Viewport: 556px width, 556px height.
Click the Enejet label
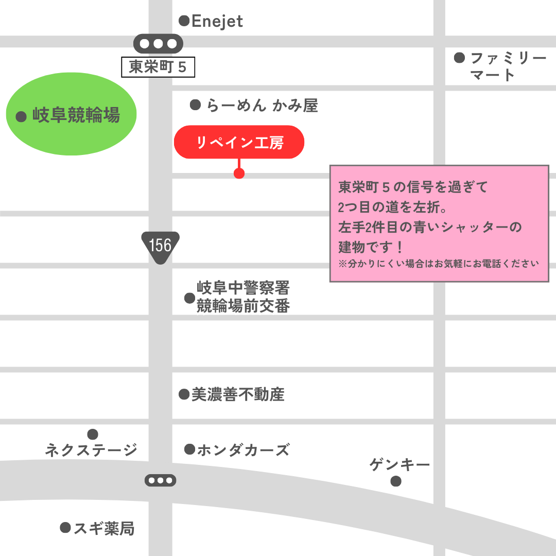(x=217, y=22)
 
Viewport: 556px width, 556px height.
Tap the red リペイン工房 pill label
(x=239, y=142)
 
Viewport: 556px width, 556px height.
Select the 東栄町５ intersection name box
(x=158, y=67)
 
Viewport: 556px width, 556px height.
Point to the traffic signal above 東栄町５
(x=158, y=44)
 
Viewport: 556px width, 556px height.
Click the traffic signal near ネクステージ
(x=160, y=481)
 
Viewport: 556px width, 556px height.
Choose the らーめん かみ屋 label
(x=262, y=106)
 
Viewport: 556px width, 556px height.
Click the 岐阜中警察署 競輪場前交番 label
(x=244, y=297)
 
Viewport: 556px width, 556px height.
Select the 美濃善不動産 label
(x=238, y=395)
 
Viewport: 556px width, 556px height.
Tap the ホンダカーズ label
(x=243, y=450)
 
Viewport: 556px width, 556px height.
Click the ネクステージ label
(x=91, y=450)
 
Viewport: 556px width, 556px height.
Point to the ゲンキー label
(x=399, y=465)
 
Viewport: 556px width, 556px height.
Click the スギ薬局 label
(x=104, y=528)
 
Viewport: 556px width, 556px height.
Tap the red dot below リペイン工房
(x=239, y=173)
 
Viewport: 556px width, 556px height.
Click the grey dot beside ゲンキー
(x=396, y=481)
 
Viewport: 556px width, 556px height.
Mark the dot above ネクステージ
(x=93, y=435)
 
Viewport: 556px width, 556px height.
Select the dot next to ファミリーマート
(x=460, y=58)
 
